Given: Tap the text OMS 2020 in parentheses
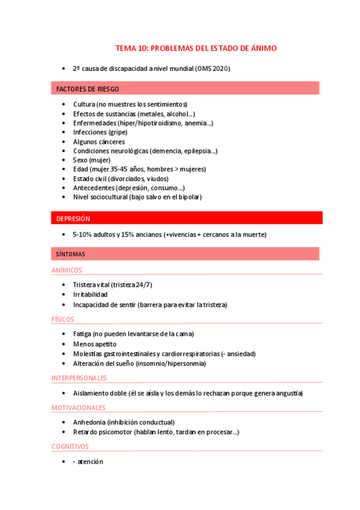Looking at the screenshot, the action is [213, 69].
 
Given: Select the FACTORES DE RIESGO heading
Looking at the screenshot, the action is [87, 89].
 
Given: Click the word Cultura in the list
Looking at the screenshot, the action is [85, 104].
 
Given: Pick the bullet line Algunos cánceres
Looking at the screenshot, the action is [99, 142].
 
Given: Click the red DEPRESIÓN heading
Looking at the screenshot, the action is [73, 218].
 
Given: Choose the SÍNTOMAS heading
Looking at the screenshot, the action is [70, 254].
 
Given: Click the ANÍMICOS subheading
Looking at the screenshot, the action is [67, 270].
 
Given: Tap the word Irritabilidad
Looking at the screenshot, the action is [90, 295].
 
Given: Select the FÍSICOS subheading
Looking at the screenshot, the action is [63, 319].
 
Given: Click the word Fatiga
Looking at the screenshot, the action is [82, 334].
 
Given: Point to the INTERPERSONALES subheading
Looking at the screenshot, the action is [79, 378].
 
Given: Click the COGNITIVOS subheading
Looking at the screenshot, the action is [70, 446].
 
